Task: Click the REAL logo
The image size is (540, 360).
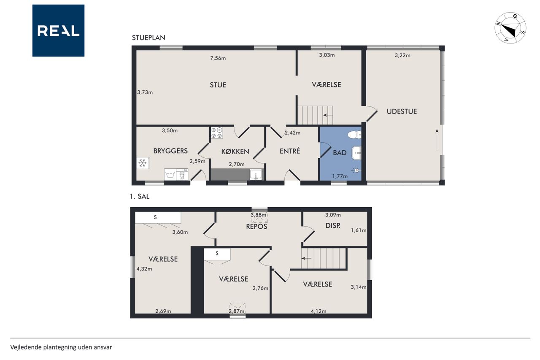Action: click(58, 31)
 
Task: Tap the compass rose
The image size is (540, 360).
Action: click(510, 28)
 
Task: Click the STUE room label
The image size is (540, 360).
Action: click(218, 85)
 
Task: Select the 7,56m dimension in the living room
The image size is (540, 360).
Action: click(218, 58)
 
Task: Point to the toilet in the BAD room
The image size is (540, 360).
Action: click(354, 135)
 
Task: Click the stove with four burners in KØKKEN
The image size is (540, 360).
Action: click(217, 133)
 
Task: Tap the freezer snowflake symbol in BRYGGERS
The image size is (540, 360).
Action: click(143, 163)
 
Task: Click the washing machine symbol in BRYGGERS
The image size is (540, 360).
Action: click(170, 174)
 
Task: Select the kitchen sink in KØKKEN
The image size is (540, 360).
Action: click(256, 175)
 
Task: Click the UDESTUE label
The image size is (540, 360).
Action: click(402, 111)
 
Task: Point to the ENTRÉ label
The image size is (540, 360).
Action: click(290, 151)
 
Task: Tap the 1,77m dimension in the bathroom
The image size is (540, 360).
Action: click(340, 176)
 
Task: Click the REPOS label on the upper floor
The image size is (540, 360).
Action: click(256, 226)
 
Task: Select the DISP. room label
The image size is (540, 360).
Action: click(333, 226)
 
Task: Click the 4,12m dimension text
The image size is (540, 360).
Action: click(319, 311)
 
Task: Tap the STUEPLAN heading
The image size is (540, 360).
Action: click(148, 38)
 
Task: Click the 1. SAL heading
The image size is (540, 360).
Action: click(140, 196)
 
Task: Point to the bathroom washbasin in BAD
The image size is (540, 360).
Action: click(356, 153)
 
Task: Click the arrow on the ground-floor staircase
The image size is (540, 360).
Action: click(328, 115)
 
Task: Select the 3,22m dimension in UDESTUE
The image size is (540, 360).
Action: click(402, 55)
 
